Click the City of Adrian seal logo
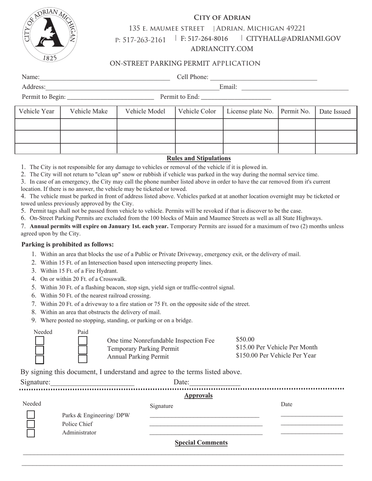coord(49,35)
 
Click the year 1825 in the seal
coord(49,58)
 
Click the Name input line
coord(105,77)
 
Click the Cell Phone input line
coord(264,77)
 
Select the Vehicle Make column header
coord(88,111)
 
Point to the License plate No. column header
coord(250,111)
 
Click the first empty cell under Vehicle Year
coord(38,124)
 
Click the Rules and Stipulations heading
coord(199,158)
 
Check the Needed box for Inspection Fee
coord(40,341)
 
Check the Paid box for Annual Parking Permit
coord(83,359)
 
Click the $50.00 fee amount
coord(245,339)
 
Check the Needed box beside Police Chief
coord(31,424)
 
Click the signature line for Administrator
coord(206,433)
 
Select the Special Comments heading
coord(201,443)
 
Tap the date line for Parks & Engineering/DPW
coord(312,415)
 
